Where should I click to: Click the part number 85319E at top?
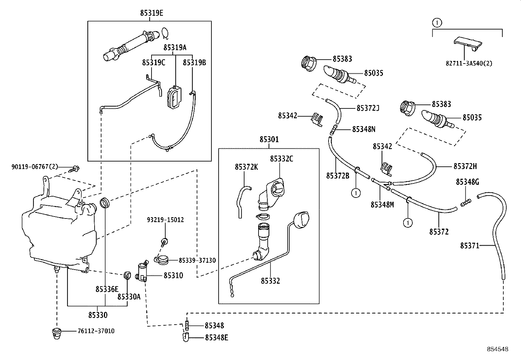point(152,13)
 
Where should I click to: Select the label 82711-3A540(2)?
point(469,63)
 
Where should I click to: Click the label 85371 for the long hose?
point(470,245)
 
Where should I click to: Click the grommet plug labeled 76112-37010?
point(58,332)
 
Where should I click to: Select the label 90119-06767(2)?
point(35,167)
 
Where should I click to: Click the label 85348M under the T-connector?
point(382,204)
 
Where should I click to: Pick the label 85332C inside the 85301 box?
point(281,159)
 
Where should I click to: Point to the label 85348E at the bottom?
point(216,338)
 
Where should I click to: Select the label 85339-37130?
point(197,260)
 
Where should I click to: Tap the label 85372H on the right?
point(465,166)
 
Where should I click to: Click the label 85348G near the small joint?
point(467,182)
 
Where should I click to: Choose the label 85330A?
point(129,296)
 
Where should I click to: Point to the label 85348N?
point(364,129)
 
